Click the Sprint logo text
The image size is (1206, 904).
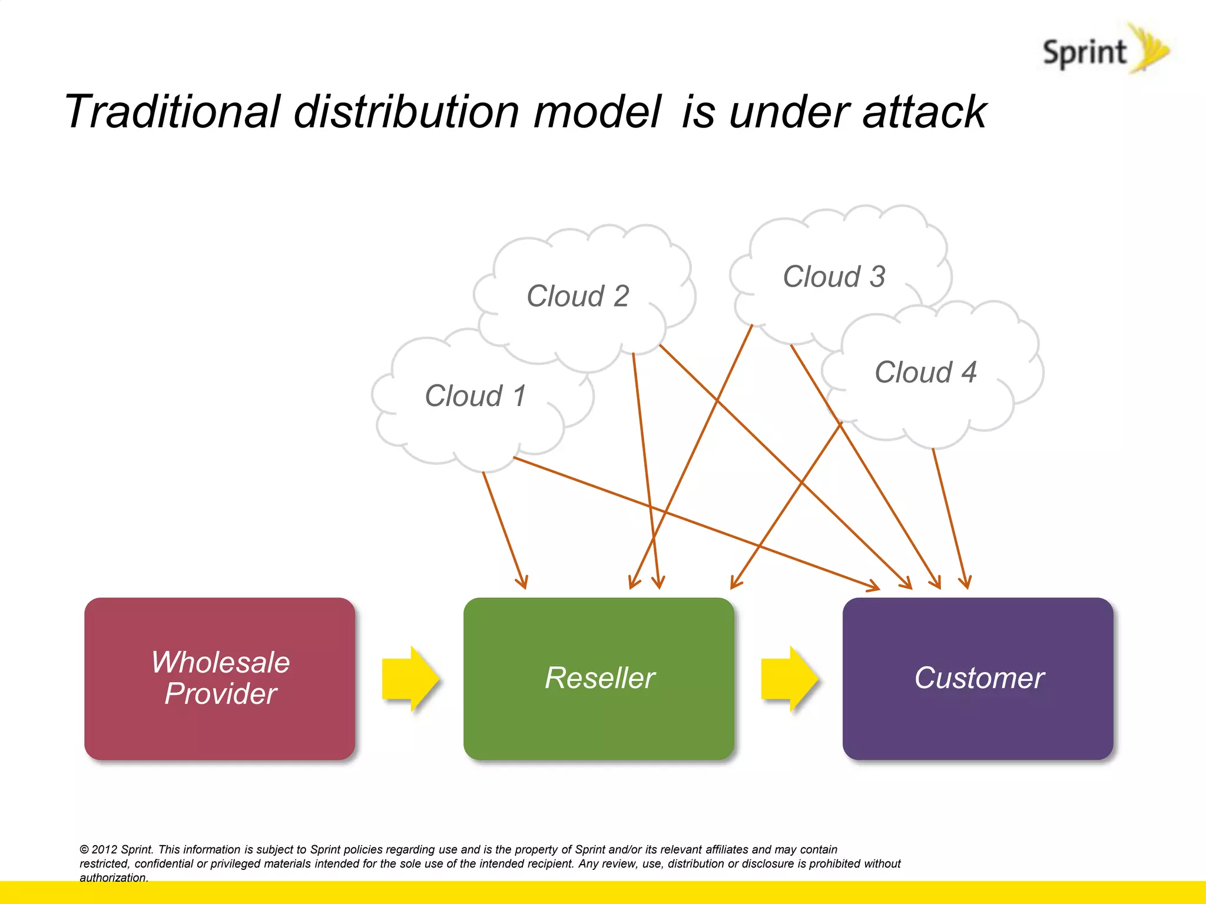tap(1084, 53)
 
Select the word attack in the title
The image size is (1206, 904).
tap(924, 111)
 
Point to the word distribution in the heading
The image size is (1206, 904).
tap(406, 111)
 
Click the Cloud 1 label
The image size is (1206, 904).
tap(475, 395)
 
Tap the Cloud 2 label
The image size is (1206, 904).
tap(578, 295)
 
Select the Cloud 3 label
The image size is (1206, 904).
tap(834, 276)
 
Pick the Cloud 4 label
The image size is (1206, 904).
tap(925, 372)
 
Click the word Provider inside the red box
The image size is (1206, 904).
tap(221, 693)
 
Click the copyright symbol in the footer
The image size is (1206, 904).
tap(84, 849)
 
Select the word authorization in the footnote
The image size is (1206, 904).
tap(113, 878)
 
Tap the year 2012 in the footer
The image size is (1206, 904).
tap(104, 849)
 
